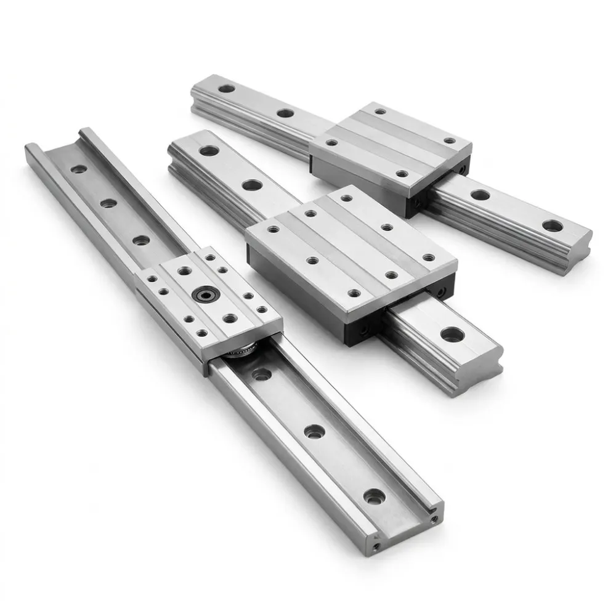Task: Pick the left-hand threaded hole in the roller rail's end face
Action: click(377, 545)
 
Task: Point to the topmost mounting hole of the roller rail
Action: click(78, 168)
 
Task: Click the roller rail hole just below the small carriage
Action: click(262, 373)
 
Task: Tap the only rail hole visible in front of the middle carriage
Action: click(452, 334)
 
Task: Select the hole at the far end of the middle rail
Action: click(208, 150)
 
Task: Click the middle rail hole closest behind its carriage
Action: click(251, 184)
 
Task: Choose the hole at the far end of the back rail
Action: click(226, 89)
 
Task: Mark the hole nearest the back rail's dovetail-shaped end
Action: click(553, 226)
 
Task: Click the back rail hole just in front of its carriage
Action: click(480, 195)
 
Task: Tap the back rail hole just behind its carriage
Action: click(285, 113)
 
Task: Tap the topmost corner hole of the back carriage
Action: click(381, 112)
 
